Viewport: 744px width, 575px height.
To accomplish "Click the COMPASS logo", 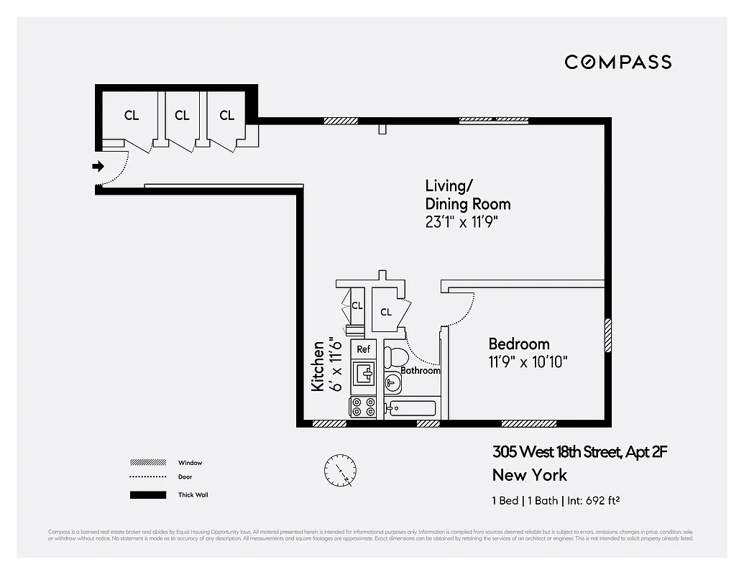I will [617, 62].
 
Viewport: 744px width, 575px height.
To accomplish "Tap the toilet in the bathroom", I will [395, 356].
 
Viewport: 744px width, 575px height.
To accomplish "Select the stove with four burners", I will [363, 407].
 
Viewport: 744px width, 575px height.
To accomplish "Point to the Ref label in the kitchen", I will [363, 349].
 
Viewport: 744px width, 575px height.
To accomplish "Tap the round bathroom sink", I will [392, 382].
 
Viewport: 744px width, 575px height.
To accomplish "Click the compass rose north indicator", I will [340, 471].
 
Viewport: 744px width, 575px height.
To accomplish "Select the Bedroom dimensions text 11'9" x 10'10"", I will [528, 362].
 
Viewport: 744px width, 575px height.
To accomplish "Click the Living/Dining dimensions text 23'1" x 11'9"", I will [461, 222].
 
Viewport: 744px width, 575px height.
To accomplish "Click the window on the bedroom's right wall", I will [607, 336].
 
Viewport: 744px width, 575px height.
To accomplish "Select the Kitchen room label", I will [317, 376].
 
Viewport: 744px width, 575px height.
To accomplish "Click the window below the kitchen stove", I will [330, 423].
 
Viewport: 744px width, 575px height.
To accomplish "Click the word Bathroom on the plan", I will [420, 371].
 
